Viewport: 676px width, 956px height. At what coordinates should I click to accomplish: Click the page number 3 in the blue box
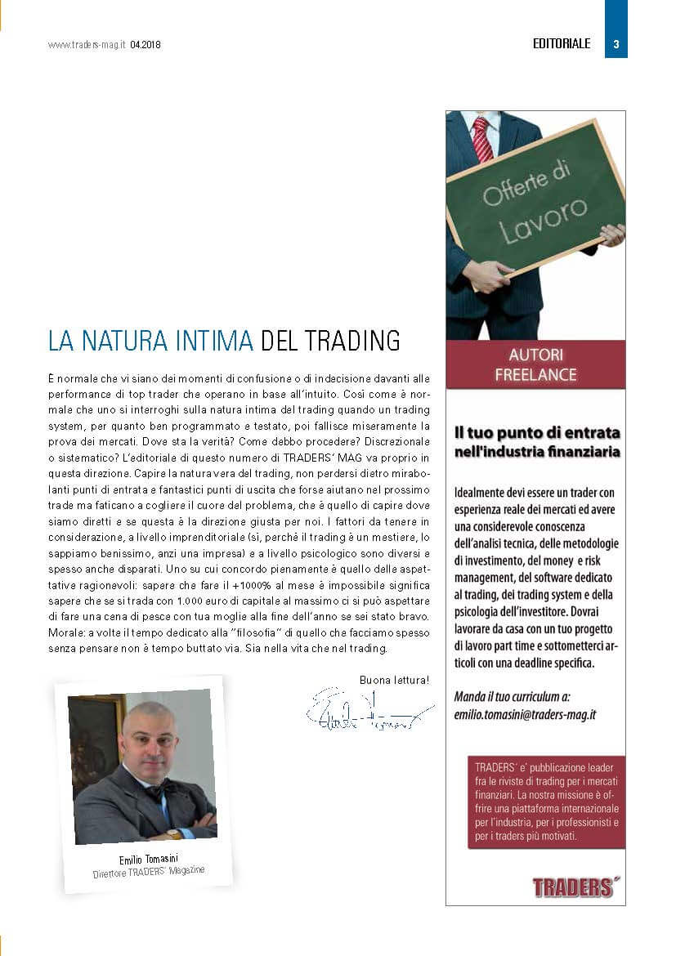pyautogui.click(x=616, y=44)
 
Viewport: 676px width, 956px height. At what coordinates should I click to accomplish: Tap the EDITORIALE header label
pyautogui.click(x=556, y=44)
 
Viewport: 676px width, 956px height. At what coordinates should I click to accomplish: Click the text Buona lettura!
pyautogui.click(x=394, y=680)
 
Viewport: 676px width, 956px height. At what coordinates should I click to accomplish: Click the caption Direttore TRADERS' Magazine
pyautogui.click(x=148, y=872)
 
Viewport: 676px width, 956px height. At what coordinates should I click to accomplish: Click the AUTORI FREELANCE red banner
pyautogui.click(x=535, y=364)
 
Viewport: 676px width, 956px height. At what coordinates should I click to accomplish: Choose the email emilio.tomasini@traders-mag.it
pyautogui.click(x=525, y=713)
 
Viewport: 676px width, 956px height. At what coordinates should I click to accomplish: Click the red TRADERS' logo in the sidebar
pyautogui.click(x=573, y=887)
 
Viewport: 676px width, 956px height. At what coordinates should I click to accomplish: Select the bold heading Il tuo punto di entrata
pyautogui.click(x=537, y=432)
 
